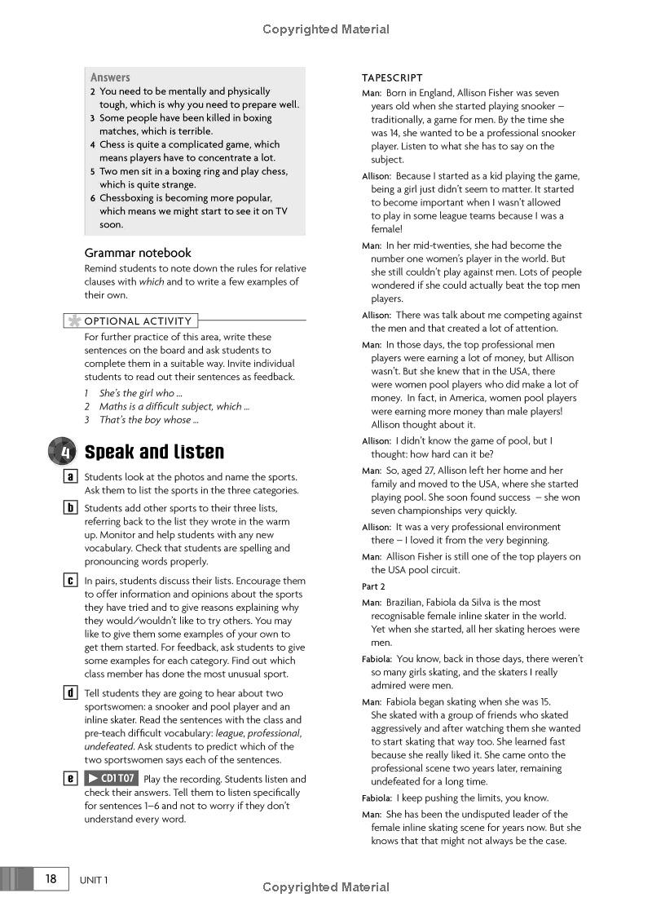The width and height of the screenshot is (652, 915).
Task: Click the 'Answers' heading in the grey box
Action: click(x=110, y=77)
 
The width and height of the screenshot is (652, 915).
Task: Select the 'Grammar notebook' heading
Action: click(x=138, y=253)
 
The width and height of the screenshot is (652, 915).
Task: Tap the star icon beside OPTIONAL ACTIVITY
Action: click(x=75, y=320)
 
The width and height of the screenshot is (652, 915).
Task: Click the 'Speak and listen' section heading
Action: click(x=154, y=452)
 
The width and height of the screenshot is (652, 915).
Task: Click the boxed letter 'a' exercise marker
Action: click(x=71, y=477)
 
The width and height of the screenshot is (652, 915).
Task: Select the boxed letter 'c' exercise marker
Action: click(x=71, y=581)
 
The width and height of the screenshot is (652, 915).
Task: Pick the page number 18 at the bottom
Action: click(x=51, y=878)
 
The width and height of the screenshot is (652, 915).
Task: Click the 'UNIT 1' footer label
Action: click(x=94, y=879)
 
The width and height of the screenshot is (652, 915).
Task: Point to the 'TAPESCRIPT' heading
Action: click(x=392, y=78)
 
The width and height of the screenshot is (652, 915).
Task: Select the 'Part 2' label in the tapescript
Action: click(x=373, y=586)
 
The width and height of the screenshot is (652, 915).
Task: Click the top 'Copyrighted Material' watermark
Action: click(x=326, y=29)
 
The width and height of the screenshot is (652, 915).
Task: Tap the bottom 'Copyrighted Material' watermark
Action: click(x=326, y=887)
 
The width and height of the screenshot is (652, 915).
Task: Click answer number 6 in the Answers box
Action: click(x=93, y=198)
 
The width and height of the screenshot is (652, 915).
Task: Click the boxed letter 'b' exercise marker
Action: click(x=71, y=508)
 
